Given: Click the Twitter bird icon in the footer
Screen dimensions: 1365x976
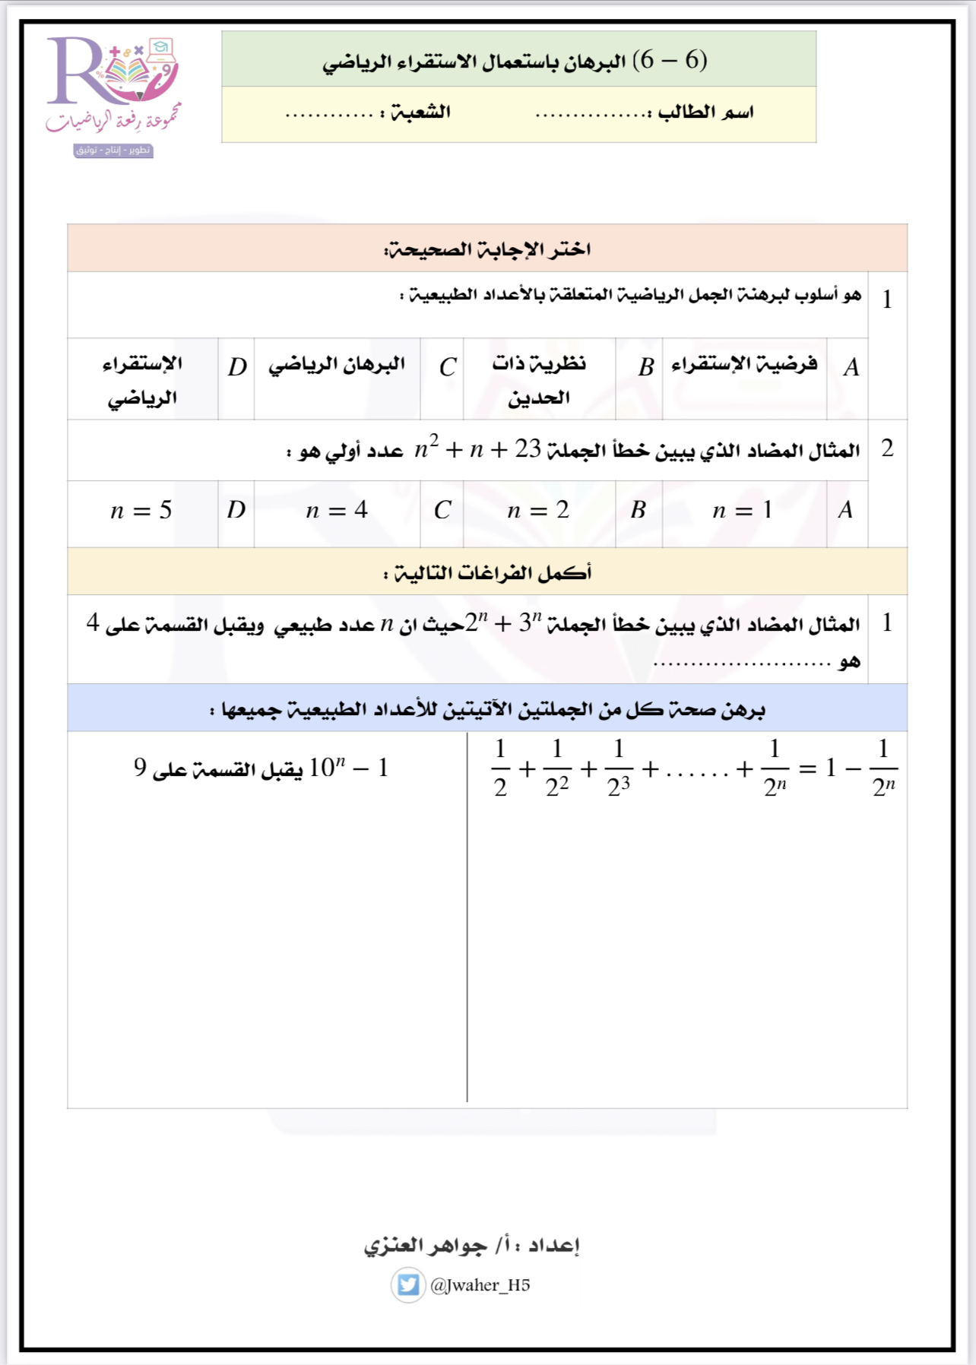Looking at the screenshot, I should point(408,1284).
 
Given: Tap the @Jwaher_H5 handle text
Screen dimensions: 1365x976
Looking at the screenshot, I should point(480,1285).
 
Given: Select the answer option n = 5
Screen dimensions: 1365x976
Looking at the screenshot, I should point(141,510).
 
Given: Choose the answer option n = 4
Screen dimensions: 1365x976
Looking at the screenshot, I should point(337,510).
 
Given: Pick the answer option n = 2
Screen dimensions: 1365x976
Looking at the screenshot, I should point(538,510).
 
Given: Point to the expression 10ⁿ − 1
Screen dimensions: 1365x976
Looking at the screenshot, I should point(349,768).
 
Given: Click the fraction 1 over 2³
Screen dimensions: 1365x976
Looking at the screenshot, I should point(619,768).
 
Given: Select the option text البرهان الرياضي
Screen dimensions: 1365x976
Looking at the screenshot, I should point(337,364).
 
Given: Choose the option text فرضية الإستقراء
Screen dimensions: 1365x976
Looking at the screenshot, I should point(744,364).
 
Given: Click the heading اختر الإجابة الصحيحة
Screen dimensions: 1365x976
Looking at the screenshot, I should point(487,249).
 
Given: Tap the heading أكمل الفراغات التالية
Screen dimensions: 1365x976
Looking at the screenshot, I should point(487,572).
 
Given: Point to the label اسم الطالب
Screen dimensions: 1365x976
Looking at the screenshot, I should point(705,112).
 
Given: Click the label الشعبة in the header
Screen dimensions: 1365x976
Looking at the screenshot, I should point(421,112).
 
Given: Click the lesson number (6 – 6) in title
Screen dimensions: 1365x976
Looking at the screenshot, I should point(673,59).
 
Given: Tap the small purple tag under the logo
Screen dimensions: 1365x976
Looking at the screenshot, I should point(113,150).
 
